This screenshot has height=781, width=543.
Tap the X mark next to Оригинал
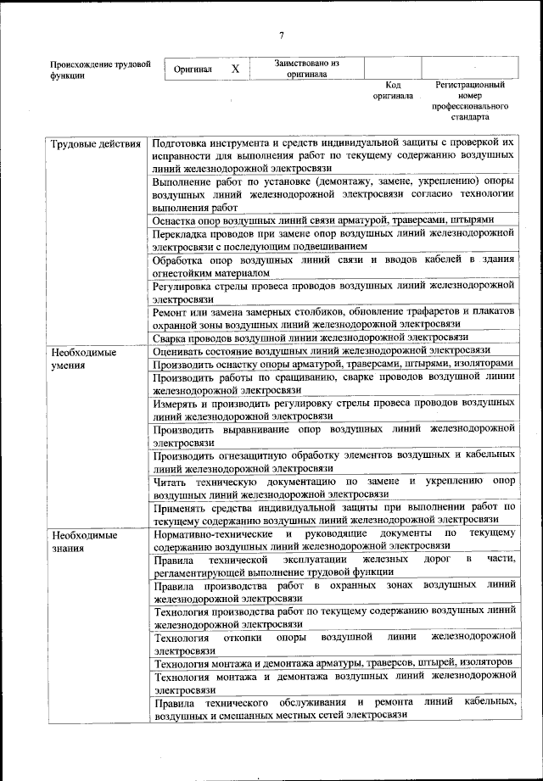click(x=236, y=69)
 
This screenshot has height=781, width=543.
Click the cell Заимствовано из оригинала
click(x=307, y=69)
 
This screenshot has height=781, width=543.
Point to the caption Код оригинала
click(x=392, y=91)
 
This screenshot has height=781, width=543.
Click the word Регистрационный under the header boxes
click(x=470, y=86)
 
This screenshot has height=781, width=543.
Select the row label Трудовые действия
click(x=94, y=143)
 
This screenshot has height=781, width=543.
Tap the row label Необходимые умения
click(x=83, y=357)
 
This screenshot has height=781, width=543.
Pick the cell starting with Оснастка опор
click(x=322, y=220)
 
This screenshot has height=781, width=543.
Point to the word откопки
click(x=247, y=637)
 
